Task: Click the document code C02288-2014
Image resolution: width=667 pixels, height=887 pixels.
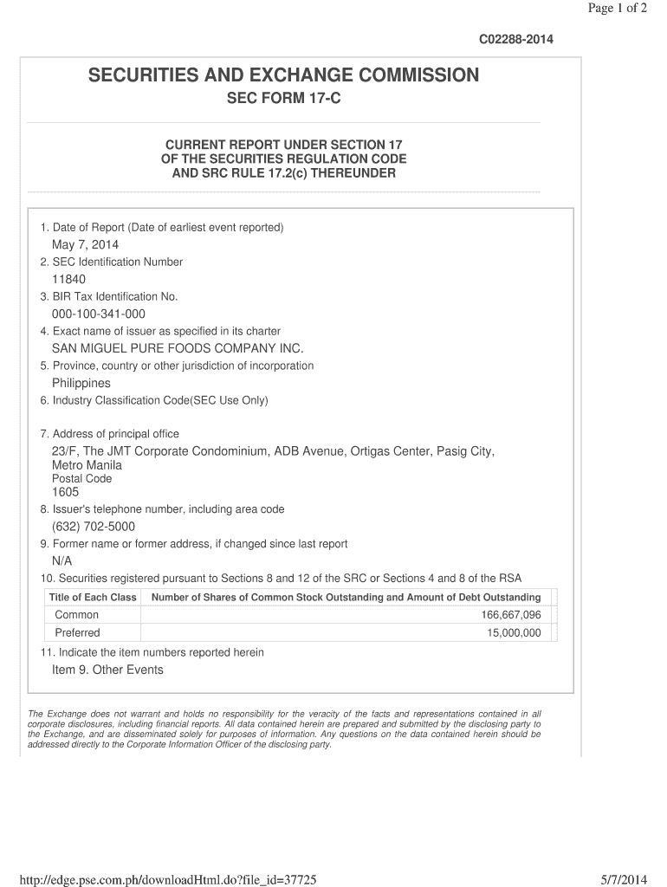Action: pyautogui.click(x=515, y=40)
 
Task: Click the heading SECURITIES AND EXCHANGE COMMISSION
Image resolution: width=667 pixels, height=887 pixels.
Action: pyautogui.click(x=283, y=75)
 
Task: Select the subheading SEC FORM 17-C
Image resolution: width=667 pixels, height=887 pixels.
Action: pyautogui.click(x=283, y=99)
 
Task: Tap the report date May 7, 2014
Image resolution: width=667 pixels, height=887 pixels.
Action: pyautogui.click(x=85, y=245)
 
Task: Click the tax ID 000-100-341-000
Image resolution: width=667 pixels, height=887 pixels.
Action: pyautogui.click(x=98, y=314)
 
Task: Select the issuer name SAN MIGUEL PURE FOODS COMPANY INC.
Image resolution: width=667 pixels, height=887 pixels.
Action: pyautogui.click(x=178, y=348)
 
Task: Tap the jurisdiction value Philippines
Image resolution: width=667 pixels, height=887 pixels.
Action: pyautogui.click(x=81, y=383)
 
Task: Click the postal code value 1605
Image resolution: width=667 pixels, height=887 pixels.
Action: pyautogui.click(x=65, y=492)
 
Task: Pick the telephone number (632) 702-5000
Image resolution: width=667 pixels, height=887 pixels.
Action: pyautogui.click(x=94, y=527)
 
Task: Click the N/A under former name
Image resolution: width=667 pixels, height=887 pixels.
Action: pyautogui.click(x=62, y=561)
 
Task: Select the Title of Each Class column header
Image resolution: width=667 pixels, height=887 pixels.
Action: pyautogui.click(x=93, y=598)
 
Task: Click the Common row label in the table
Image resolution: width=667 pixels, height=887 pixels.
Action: pyautogui.click(x=77, y=615)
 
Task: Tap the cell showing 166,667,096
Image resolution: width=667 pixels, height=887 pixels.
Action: pyautogui.click(x=510, y=615)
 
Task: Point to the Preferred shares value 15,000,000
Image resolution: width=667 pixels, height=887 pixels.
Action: pyautogui.click(x=514, y=633)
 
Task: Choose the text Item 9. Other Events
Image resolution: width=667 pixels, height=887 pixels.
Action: pyautogui.click(x=107, y=670)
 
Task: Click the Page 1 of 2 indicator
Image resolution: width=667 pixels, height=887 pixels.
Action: pyautogui.click(x=617, y=9)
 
